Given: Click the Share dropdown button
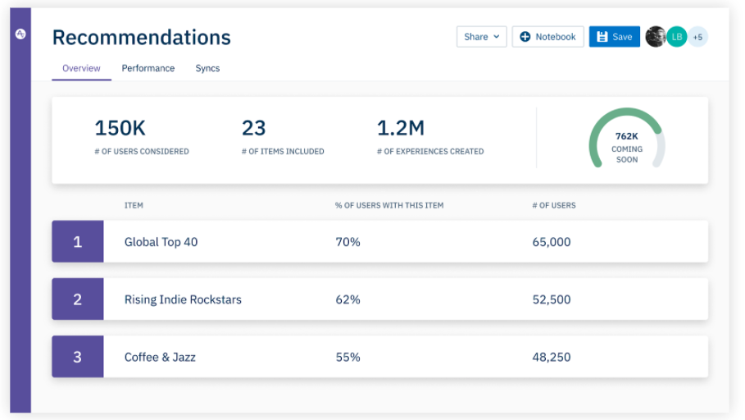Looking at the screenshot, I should click(x=481, y=37).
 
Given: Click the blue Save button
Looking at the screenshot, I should click(x=614, y=37).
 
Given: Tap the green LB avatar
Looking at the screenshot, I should click(x=676, y=37).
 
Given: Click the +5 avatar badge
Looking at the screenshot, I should click(x=697, y=37).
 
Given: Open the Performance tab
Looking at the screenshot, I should click(x=148, y=68).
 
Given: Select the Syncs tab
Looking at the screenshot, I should click(x=207, y=68).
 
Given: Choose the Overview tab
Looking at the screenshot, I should click(x=81, y=68).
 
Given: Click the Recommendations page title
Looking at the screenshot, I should click(x=142, y=38).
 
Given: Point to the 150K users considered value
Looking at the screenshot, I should click(x=120, y=128).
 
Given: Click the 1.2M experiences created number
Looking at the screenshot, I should click(x=401, y=128).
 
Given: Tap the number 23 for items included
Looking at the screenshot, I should click(x=254, y=128).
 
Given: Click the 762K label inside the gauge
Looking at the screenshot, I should click(x=627, y=136).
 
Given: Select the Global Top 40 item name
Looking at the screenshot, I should click(x=161, y=242).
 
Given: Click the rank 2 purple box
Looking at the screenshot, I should click(x=78, y=299).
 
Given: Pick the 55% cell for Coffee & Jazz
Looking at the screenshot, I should click(x=348, y=357).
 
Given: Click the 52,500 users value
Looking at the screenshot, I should click(x=552, y=299).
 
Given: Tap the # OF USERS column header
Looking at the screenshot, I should click(x=554, y=205).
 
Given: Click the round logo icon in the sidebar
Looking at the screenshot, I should click(x=20, y=34).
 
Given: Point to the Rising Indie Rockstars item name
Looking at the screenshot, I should click(x=183, y=299).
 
